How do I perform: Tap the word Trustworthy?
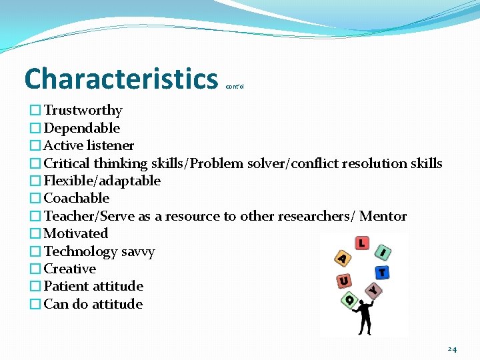(83, 110)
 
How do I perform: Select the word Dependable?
(81, 128)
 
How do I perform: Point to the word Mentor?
(383, 216)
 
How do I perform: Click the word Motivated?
(75, 233)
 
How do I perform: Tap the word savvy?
(137, 252)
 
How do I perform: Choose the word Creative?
(69, 269)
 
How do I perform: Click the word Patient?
(66, 286)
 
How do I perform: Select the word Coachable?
(76, 198)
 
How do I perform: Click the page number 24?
(452, 349)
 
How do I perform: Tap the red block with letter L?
(361, 243)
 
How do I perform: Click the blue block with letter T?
(382, 273)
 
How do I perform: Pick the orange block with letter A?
(342, 258)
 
